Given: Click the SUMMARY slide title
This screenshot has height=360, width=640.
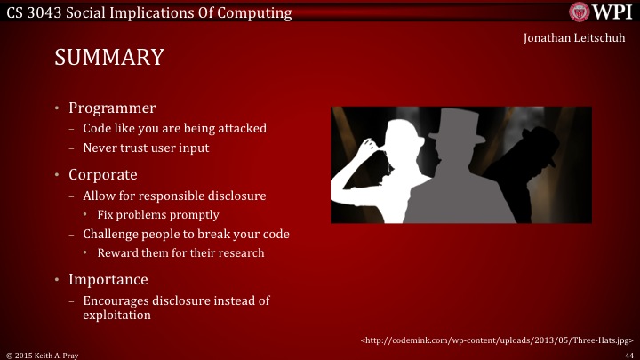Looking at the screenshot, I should tap(108, 58).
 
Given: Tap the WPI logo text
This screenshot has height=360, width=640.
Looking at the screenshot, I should tap(612, 12).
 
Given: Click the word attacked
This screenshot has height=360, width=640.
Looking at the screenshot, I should tap(240, 129).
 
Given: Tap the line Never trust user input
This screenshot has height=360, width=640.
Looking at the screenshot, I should tap(146, 148).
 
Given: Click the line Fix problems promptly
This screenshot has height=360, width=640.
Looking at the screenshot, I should tap(158, 215).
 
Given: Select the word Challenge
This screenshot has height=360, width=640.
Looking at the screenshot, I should tap(111, 235).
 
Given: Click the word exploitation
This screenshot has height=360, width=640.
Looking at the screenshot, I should tap(116, 315).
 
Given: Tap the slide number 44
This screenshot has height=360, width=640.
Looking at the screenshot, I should tap(628, 354).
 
